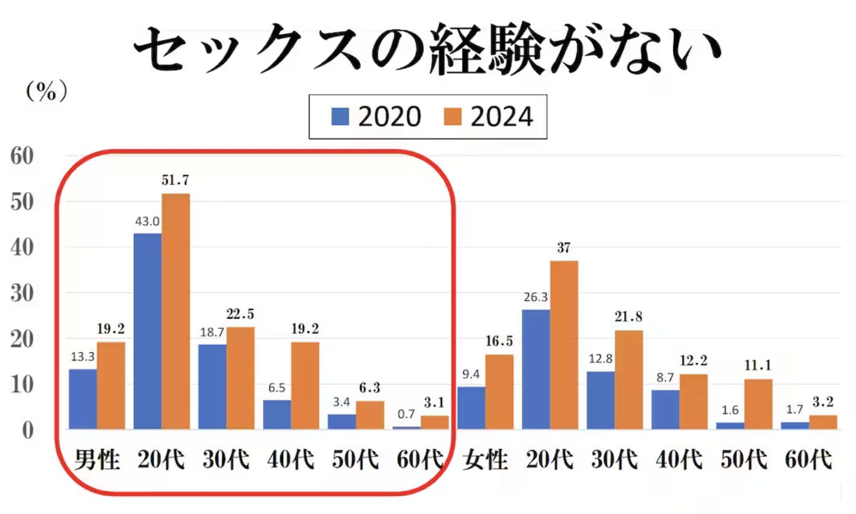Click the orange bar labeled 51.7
pyautogui.click(x=176, y=311)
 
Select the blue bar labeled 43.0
pyautogui.click(x=147, y=331)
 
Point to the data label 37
pyautogui.click(x=564, y=248)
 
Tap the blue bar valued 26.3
pyautogui.click(x=536, y=369)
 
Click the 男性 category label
pyautogui.click(x=97, y=461)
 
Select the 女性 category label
pyautogui.click(x=486, y=461)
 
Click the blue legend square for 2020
pyautogui.click(x=340, y=117)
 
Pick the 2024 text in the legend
pyautogui.click(x=502, y=117)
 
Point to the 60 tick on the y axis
pyautogui.click(x=22, y=156)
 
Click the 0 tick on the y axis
pyautogui.click(x=28, y=431)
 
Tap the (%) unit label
pyautogui.click(x=47, y=92)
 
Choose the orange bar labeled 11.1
pyautogui.click(x=758, y=404)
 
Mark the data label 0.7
pyautogui.click(x=406, y=414)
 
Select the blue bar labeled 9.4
pyautogui.click(x=471, y=408)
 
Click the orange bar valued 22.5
pyautogui.click(x=240, y=378)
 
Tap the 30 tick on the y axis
pyautogui.click(x=22, y=293)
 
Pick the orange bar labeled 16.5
pyautogui.click(x=499, y=392)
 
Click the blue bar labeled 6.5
pyautogui.click(x=277, y=415)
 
